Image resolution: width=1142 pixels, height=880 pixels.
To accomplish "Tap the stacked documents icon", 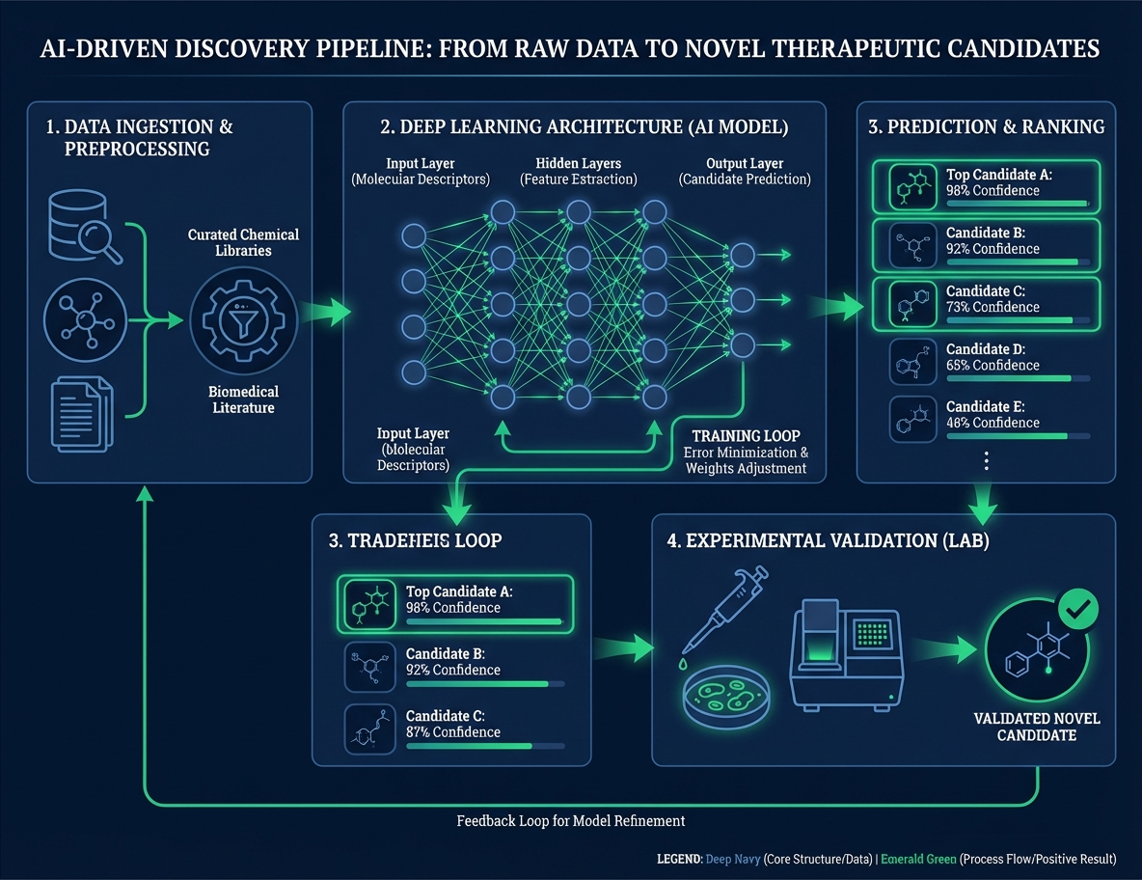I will pyautogui.click(x=81, y=412).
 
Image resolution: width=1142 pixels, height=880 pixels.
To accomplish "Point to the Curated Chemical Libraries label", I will pyautogui.click(x=243, y=242).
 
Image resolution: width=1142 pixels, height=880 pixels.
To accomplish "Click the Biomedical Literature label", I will pyautogui.click(x=243, y=399).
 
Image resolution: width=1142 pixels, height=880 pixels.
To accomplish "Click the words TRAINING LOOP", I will pyautogui.click(x=746, y=436).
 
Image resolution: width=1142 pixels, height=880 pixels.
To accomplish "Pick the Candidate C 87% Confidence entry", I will pyautogui.click(x=453, y=724).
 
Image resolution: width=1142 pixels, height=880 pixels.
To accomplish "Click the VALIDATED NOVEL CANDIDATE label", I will pyautogui.click(x=1037, y=727).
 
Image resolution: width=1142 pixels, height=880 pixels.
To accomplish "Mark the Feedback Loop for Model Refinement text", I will pyautogui.click(x=570, y=821).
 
